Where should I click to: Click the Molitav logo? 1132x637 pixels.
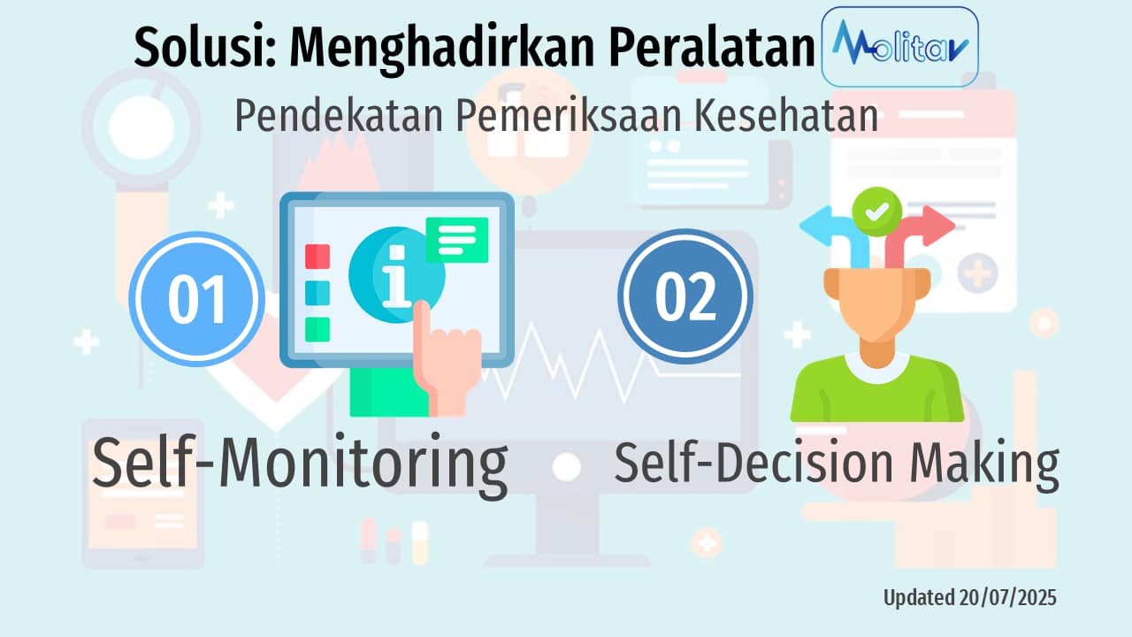coord(899,46)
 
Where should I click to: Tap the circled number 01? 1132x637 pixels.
coord(196,298)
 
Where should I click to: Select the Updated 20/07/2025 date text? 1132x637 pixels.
coord(969,598)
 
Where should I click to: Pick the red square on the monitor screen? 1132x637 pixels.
coord(317,257)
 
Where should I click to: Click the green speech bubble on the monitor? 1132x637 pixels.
coord(456,238)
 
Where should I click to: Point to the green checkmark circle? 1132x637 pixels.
coord(876,211)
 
